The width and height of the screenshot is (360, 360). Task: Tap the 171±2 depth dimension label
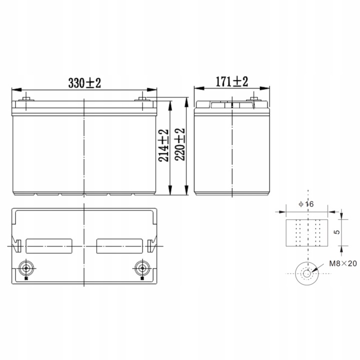pos(231,81)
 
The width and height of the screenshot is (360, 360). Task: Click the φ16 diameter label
pos(305,204)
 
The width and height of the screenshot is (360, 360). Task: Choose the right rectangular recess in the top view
pos(118,245)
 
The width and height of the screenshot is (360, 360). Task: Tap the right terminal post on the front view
pos(144,98)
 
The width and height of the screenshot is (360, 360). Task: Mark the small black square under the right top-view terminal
pos(141,279)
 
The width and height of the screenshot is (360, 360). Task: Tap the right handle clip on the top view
pos(151,246)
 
